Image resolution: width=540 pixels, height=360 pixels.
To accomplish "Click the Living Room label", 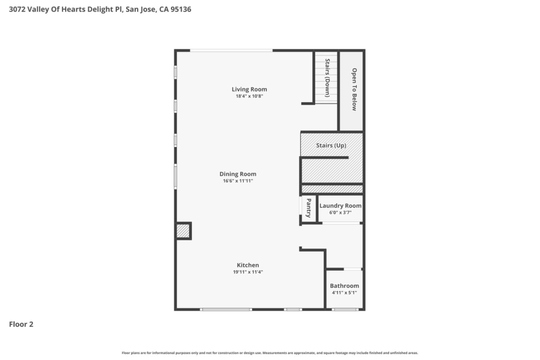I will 249,89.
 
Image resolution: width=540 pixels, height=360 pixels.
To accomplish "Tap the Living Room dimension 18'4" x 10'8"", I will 249,96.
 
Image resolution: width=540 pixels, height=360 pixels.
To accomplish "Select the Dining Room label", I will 238,174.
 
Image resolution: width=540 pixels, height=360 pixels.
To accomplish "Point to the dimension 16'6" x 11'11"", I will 238,181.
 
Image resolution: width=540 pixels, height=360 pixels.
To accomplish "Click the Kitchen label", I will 247,265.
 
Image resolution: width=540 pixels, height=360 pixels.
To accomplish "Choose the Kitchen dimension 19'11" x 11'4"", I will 247,272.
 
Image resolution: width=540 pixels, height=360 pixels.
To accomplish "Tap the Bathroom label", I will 344,286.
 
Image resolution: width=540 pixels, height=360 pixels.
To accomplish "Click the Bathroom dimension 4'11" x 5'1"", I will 344,293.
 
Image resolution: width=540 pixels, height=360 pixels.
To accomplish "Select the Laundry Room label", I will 340,205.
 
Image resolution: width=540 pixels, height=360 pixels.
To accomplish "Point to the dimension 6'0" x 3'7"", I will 340,213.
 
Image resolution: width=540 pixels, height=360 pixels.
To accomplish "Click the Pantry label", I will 309,208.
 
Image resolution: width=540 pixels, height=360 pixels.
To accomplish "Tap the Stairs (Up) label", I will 331,145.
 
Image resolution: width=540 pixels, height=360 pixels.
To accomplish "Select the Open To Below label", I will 354,89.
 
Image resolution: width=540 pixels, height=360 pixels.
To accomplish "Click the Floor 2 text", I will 21,324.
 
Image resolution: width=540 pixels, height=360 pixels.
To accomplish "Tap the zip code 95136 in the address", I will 181,9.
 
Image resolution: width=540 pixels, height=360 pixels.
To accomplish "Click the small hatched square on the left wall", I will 183,231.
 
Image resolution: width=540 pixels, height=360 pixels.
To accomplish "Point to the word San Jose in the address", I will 141,9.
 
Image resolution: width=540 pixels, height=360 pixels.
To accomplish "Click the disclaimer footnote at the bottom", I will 270,353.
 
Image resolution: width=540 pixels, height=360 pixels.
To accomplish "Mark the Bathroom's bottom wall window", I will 345,309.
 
